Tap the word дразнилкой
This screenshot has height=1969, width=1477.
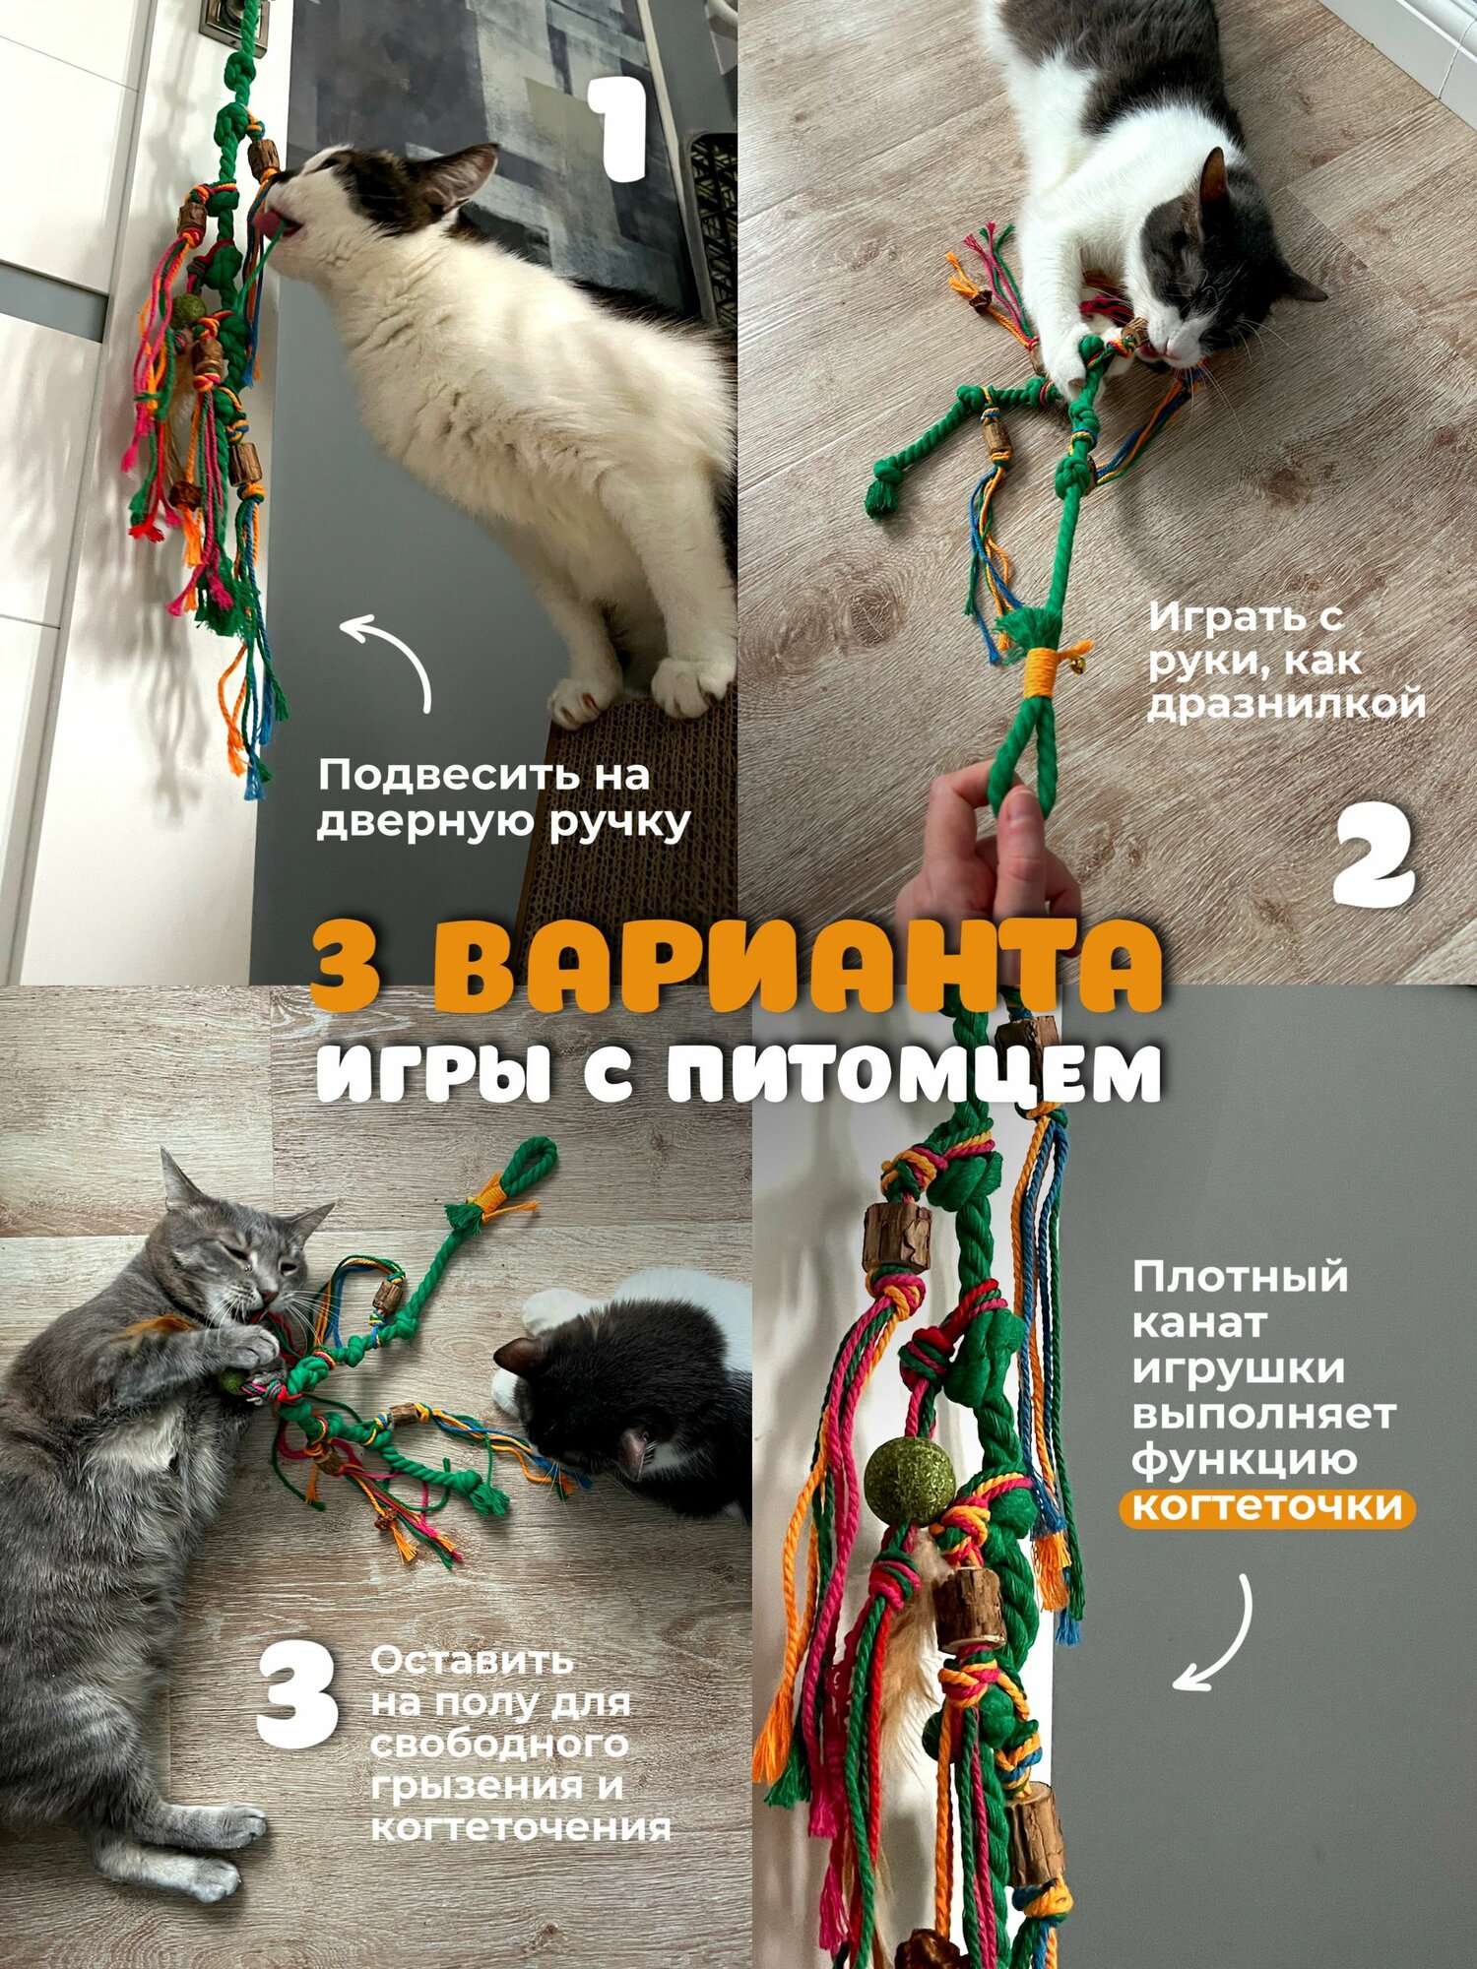pyautogui.click(x=1286, y=704)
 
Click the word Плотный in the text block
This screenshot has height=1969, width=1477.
pyautogui.click(x=1239, y=1279)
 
